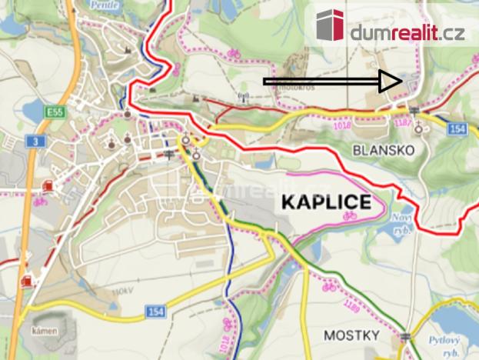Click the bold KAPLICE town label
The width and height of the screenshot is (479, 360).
coord(326,203)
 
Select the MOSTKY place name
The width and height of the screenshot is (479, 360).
coord(351,335)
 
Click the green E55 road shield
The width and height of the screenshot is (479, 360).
coord(53,112)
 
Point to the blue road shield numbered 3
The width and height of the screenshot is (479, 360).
coord(34,142)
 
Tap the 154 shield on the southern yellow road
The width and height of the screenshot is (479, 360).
coord(155,310)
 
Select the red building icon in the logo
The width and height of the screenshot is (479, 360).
coord(331,26)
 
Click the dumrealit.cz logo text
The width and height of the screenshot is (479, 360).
coord(407,33)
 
